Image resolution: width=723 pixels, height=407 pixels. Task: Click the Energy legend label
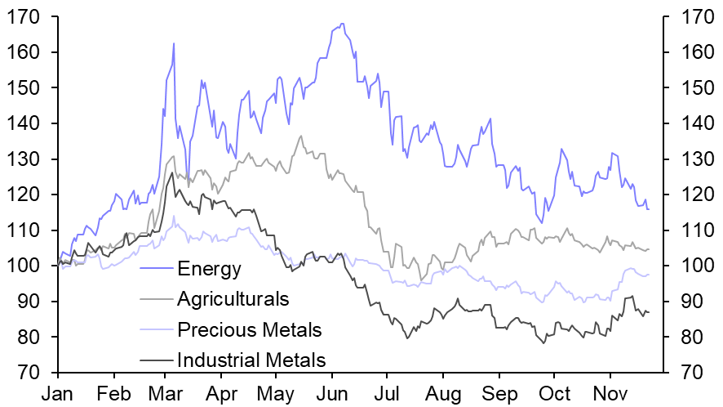pyautogui.click(x=209, y=267)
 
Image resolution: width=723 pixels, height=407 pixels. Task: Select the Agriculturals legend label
pyautogui.click(x=233, y=298)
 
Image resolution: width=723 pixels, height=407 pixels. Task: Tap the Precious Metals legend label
pyautogui.click(x=250, y=329)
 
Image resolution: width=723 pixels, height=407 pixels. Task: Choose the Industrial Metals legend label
pyautogui.click(x=251, y=360)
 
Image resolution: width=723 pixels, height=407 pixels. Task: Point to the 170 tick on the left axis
pyautogui.click(x=25, y=16)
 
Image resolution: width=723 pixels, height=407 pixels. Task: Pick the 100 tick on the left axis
pyautogui.click(x=25, y=266)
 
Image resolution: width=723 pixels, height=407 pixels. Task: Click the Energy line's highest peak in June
pyautogui.click(x=341, y=24)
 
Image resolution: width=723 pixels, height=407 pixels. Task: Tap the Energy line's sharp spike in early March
pyautogui.click(x=174, y=43)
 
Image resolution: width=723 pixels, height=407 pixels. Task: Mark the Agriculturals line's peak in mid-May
pyautogui.click(x=301, y=136)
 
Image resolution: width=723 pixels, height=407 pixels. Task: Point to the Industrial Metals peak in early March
pyautogui.click(x=171, y=173)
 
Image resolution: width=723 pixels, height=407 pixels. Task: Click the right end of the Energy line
pyautogui.click(x=649, y=209)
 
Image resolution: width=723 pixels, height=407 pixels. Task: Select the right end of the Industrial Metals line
pyautogui.click(x=649, y=312)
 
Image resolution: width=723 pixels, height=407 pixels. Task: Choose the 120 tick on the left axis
pyautogui.click(x=25, y=195)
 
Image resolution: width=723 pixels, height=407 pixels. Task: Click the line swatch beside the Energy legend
pyautogui.click(x=157, y=267)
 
